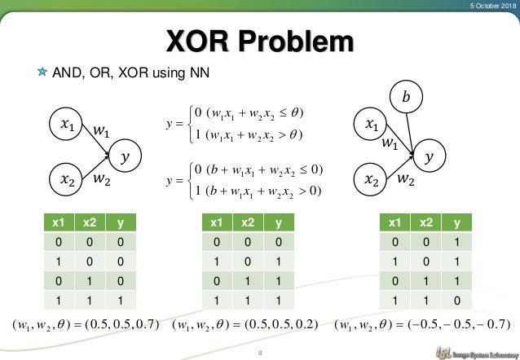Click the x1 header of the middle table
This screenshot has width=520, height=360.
point(216,222)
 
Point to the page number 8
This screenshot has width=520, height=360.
point(259,353)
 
